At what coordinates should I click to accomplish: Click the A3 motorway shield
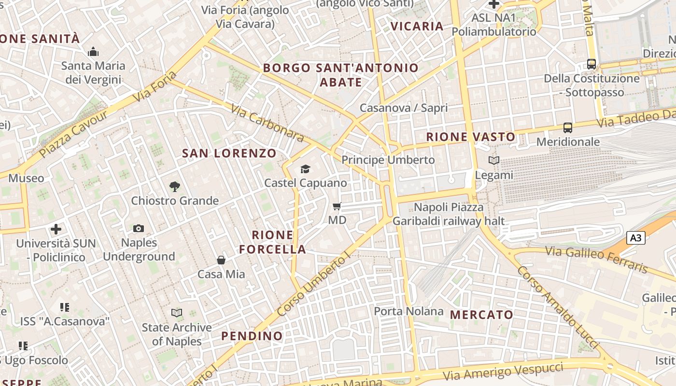pos(636,237)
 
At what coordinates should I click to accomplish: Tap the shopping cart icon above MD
pos(337,206)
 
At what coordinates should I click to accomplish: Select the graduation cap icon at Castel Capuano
pos(305,169)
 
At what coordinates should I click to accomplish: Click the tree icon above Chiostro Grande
pos(174,186)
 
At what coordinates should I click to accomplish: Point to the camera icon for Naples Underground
pos(139,228)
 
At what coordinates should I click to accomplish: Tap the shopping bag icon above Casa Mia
pos(221,260)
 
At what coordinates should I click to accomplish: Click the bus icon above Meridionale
pos(568,128)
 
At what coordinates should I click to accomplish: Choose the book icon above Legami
pos(493,160)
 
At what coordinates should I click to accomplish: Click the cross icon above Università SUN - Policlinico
pos(56,229)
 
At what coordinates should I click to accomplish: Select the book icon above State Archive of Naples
pos(177,313)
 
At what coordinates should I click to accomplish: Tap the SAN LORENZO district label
pos(229,153)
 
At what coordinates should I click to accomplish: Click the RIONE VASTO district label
pos(471,137)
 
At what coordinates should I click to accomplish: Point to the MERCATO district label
pos(481,315)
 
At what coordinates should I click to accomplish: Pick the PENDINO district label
pos(252,336)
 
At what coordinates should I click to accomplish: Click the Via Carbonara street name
pos(268,124)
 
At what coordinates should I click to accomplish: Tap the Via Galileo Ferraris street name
pos(596,259)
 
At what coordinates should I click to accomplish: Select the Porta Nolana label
pos(408,311)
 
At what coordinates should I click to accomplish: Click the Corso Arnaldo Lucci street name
pos(557,307)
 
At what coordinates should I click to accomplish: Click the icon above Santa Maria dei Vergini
pos(93,52)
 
